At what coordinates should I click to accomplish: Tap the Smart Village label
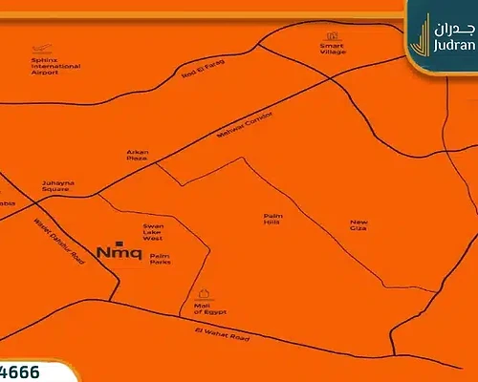pyautogui.click(x=334, y=49)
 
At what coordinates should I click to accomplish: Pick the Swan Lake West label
pyautogui.click(x=154, y=232)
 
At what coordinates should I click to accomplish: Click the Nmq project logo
pyautogui.click(x=119, y=252)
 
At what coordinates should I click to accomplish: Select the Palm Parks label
pyautogui.click(x=161, y=260)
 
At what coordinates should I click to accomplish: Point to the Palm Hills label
pyautogui.click(x=273, y=221)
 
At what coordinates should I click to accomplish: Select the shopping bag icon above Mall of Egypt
pyautogui.click(x=203, y=294)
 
